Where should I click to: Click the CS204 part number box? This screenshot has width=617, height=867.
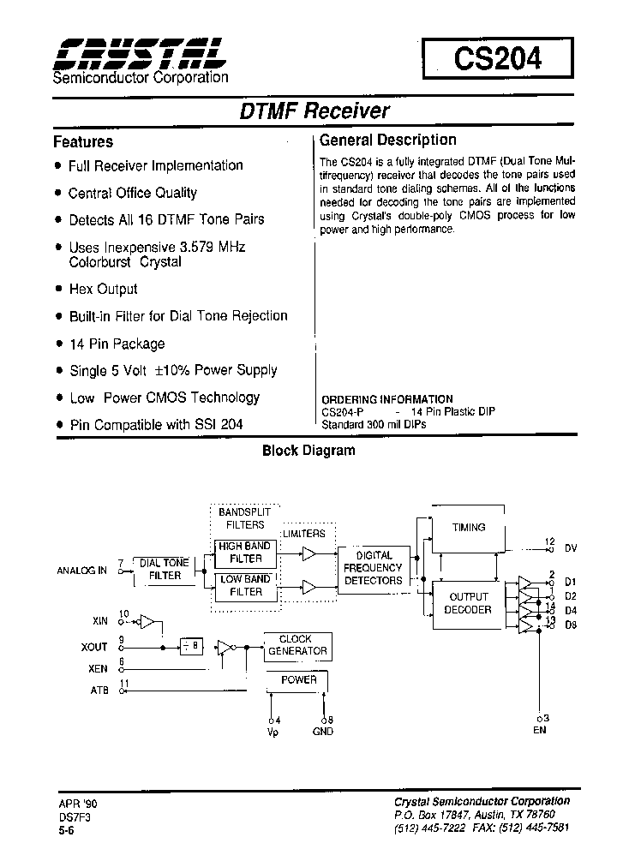tap(497, 59)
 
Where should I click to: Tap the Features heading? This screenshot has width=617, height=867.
tap(83, 141)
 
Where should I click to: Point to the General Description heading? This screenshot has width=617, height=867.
tap(387, 140)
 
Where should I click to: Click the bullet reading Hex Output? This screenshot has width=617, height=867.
tap(103, 289)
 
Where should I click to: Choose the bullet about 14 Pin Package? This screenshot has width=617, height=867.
tap(116, 344)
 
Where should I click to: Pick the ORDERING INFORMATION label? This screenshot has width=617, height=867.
tap(387, 399)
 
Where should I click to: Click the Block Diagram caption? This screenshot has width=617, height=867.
tap(308, 451)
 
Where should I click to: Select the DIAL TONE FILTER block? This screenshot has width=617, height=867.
tap(165, 569)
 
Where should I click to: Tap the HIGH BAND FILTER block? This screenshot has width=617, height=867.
tap(245, 553)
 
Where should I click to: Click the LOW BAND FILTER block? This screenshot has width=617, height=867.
tap(245, 585)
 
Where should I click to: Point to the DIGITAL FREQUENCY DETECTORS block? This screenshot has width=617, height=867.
tap(373, 568)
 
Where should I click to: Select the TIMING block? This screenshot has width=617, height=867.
tap(469, 528)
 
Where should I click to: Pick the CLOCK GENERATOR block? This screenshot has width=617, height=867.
tap(297, 645)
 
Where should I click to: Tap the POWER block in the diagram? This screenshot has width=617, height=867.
tap(299, 680)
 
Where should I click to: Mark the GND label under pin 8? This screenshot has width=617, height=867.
tap(323, 731)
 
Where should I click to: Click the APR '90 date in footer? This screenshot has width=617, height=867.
tap(72, 803)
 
